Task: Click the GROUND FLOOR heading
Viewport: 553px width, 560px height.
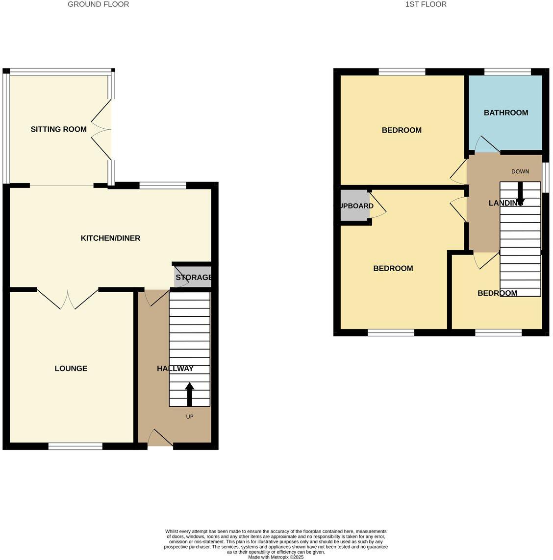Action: (x=98, y=4)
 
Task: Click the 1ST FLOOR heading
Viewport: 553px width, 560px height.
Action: (x=426, y=4)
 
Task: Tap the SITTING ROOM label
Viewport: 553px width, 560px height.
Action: (x=58, y=129)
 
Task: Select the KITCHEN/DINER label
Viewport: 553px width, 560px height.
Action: (x=110, y=238)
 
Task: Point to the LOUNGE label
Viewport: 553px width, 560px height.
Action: (x=71, y=369)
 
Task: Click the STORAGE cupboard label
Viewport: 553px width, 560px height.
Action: (x=194, y=278)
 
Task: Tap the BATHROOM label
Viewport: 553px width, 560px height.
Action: (x=505, y=113)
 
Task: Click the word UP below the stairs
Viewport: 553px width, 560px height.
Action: (x=190, y=417)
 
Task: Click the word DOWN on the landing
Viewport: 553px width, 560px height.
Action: (x=520, y=171)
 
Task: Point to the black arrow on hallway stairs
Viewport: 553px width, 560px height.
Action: (x=190, y=394)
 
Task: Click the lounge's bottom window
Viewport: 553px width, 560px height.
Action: (x=75, y=446)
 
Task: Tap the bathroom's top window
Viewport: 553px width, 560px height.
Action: (x=507, y=72)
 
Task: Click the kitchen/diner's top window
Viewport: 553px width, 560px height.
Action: (x=163, y=185)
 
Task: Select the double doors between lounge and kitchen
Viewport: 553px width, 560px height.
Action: (x=68, y=299)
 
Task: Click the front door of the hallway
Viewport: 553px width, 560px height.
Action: (x=160, y=438)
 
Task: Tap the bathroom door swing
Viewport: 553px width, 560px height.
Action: (x=485, y=144)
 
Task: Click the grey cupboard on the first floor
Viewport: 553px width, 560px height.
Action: (x=354, y=206)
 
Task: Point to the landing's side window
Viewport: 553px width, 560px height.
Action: (x=545, y=174)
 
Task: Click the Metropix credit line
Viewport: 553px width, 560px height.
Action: (x=276, y=557)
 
